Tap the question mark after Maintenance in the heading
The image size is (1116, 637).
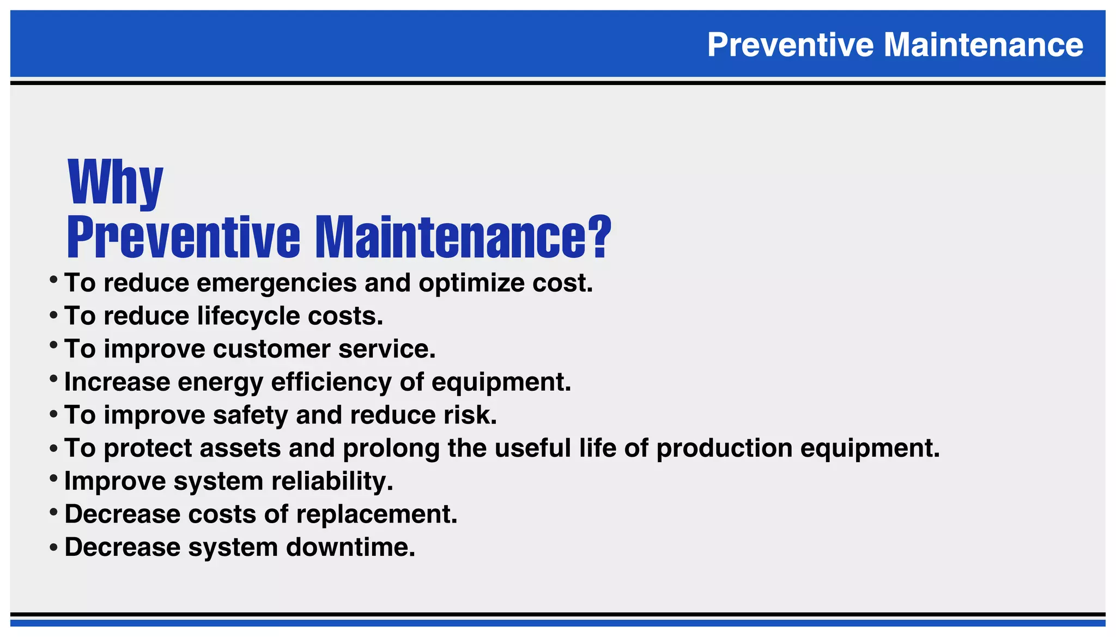(599, 236)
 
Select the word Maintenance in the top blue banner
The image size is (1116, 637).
(983, 45)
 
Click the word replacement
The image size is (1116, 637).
(377, 514)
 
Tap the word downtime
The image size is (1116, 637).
(350, 548)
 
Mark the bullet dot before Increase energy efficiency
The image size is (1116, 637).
(53, 378)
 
